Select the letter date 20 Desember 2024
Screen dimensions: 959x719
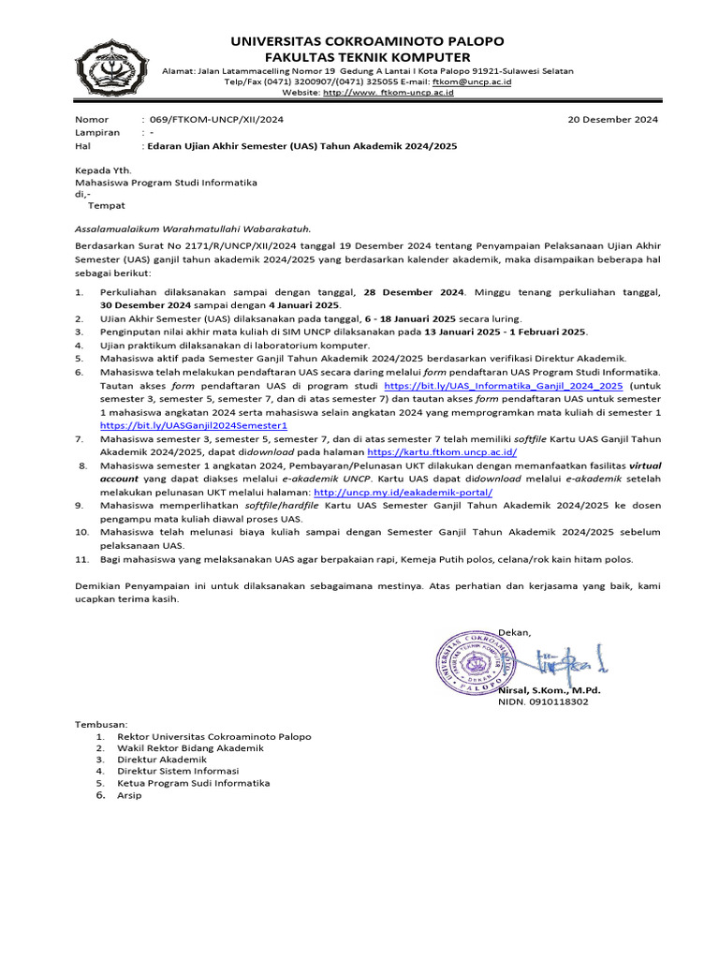[613, 120]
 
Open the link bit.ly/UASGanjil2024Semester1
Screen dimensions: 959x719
[194, 424]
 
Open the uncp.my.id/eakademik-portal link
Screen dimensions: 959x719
[403, 491]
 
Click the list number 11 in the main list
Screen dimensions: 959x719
[81, 559]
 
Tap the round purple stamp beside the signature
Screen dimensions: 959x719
[478, 661]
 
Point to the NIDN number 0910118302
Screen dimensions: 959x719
[558, 701]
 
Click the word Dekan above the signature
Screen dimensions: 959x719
[514, 632]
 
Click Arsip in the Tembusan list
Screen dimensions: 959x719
[129, 795]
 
